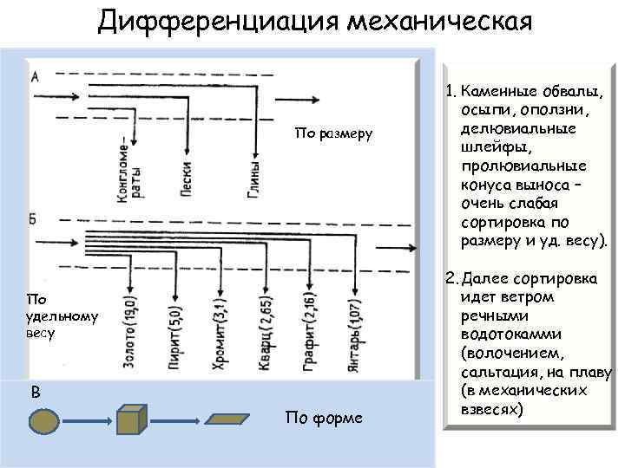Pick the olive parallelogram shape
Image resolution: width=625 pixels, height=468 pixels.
[x=237, y=419]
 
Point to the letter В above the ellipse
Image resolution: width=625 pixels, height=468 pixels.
[x=35, y=392]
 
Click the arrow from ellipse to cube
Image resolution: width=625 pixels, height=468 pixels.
[x=85, y=421]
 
